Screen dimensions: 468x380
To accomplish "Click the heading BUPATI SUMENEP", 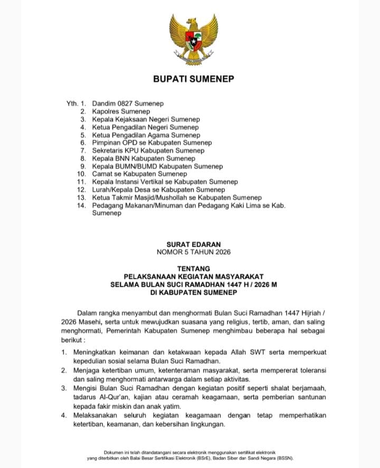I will coord(193,79).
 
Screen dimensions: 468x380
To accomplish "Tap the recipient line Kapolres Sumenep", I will coord(121,112).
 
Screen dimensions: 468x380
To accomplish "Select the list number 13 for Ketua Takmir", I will coord(81,198).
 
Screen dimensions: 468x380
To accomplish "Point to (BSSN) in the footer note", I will coord(283,458).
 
